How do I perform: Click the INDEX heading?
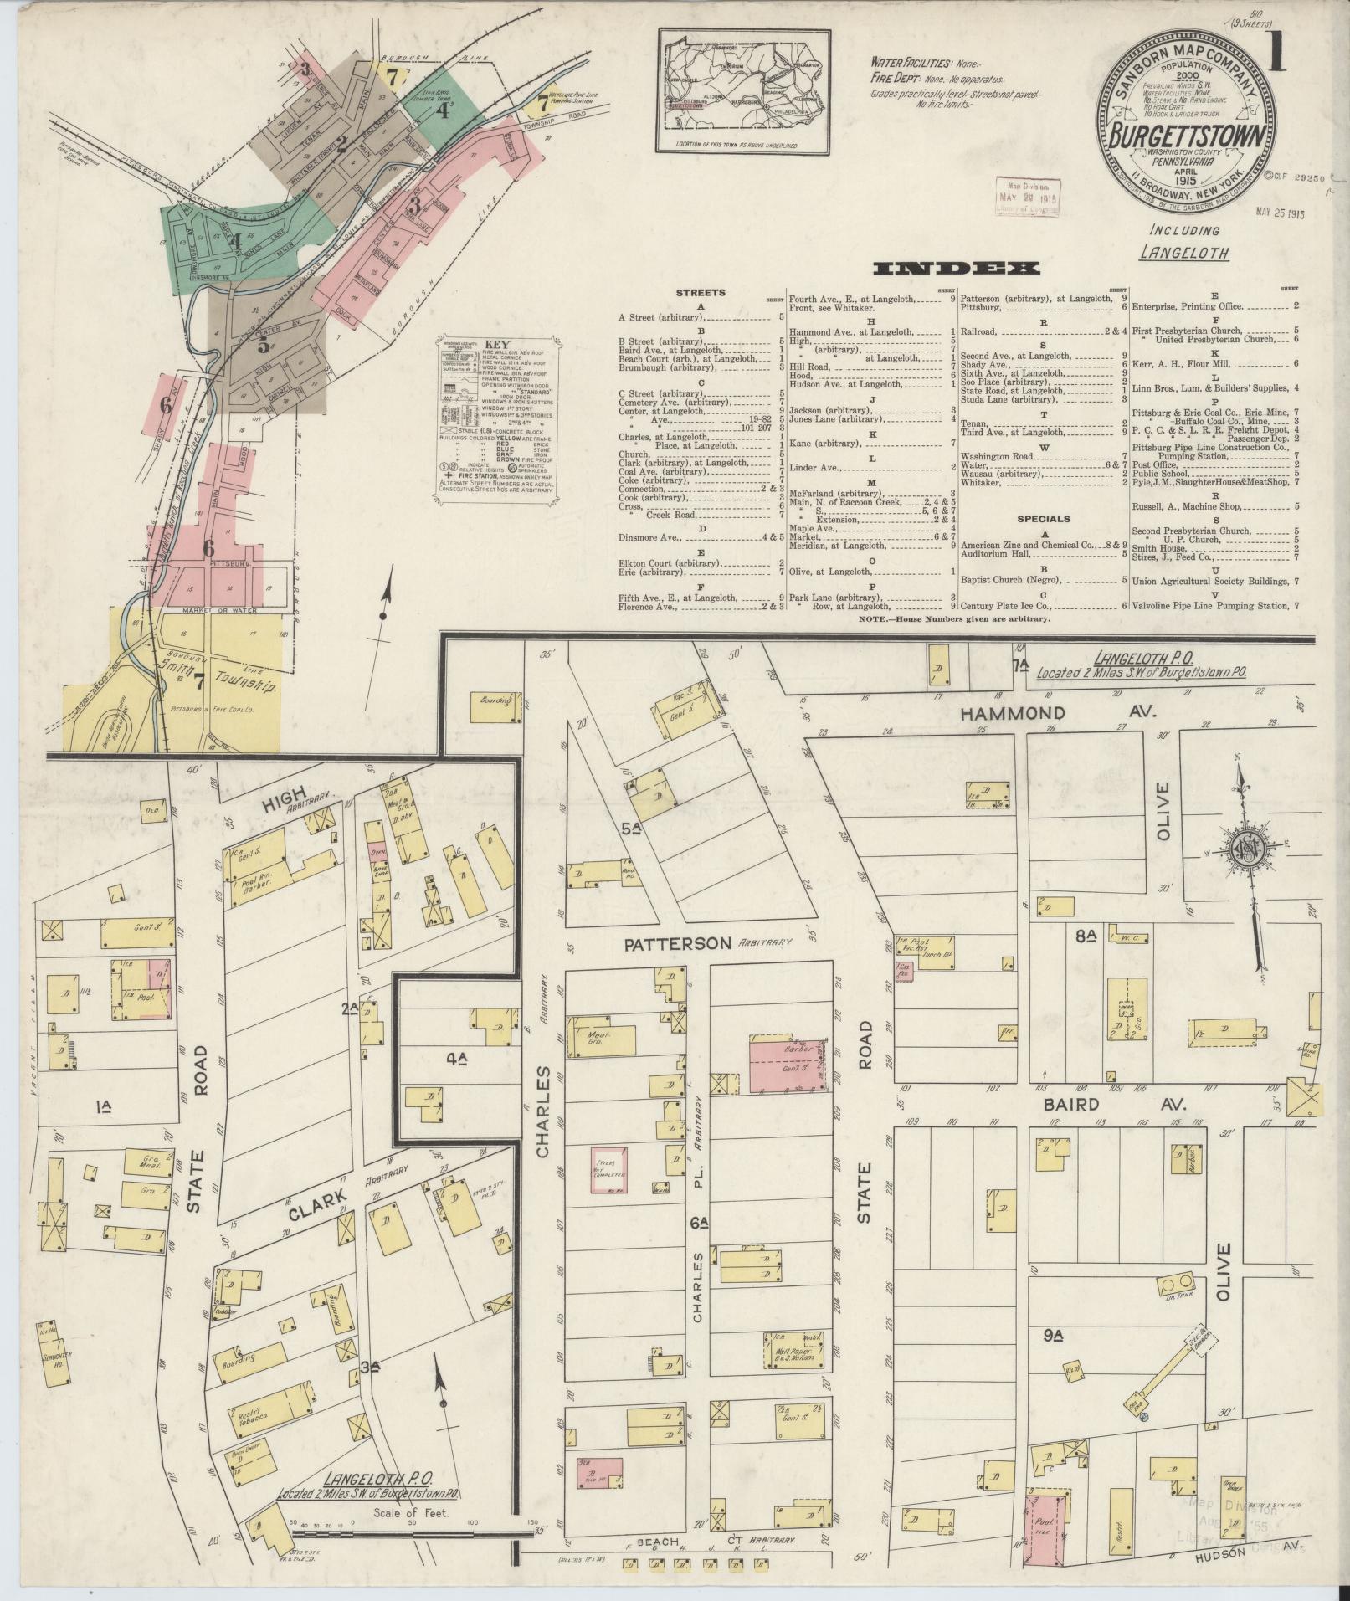956,269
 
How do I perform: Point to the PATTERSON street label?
678,942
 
